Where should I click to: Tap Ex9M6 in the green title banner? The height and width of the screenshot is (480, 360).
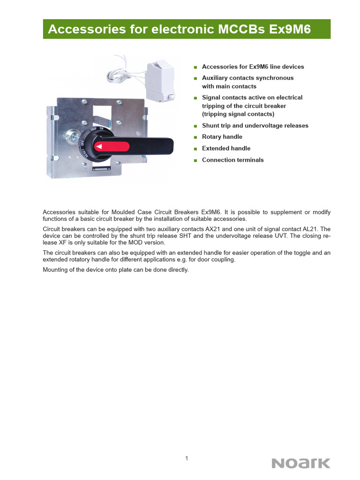click(292, 30)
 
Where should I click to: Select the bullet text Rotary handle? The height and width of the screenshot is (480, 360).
click(222, 137)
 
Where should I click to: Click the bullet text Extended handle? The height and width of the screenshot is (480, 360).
click(226, 148)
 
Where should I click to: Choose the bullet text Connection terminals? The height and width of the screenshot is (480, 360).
click(232, 160)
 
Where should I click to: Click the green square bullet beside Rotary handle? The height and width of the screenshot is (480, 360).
click(195, 137)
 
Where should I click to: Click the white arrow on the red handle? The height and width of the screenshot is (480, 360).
click(99, 147)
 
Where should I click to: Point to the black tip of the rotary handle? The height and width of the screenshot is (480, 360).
click(159, 146)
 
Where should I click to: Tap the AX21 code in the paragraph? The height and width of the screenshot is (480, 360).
click(214, 229)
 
